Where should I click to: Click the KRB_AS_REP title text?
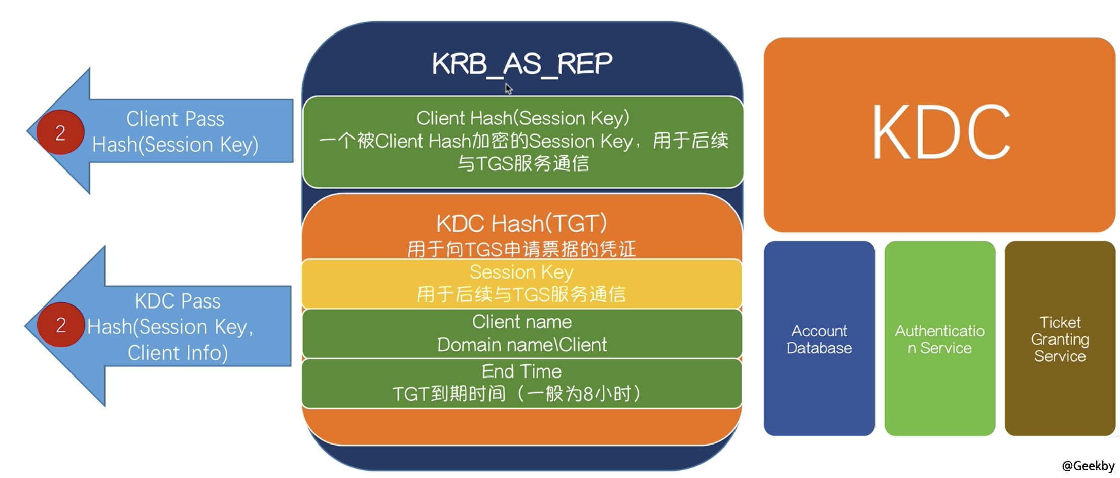pos(522,64)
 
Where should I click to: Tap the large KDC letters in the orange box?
pos(941,133)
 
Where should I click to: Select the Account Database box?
pos(819,339)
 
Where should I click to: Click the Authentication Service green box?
pos(939,339)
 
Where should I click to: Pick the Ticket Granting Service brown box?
pos(1060,339)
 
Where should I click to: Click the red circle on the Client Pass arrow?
pos(60,132)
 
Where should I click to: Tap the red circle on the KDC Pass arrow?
pos(61,325)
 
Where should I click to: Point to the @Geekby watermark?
pos(1088,466)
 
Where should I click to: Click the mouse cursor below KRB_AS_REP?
pos(508,89)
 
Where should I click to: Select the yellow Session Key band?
pos(521,283)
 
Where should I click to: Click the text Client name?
pos(521,322)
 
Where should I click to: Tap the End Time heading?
pos(521,371)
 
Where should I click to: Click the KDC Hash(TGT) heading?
pos(521,224)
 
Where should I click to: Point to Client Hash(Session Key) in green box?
pos(522,118)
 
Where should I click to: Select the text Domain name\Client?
pos(521,345)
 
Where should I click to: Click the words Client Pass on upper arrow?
pos(175,119)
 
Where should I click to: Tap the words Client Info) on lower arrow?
pos(178,353)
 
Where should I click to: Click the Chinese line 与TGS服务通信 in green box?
pos(522,163)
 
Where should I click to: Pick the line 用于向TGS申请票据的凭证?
pos(521,249)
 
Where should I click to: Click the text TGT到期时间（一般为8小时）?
pos(517,394)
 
